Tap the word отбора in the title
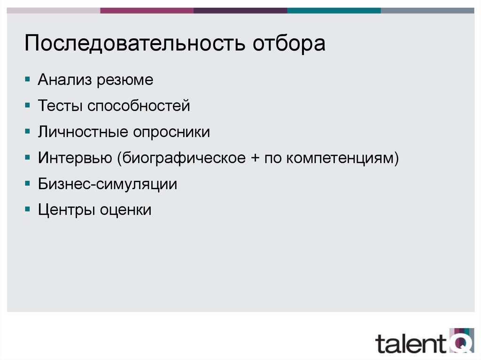tap(289, 45)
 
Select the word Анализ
tap(65, 80)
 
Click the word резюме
tap(125, 80)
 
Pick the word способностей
tap(138, 106)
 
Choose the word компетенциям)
tap(343, 158)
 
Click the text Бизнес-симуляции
tap(108, 184)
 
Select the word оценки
tap(125, 209)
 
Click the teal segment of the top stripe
tap(334, 10)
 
